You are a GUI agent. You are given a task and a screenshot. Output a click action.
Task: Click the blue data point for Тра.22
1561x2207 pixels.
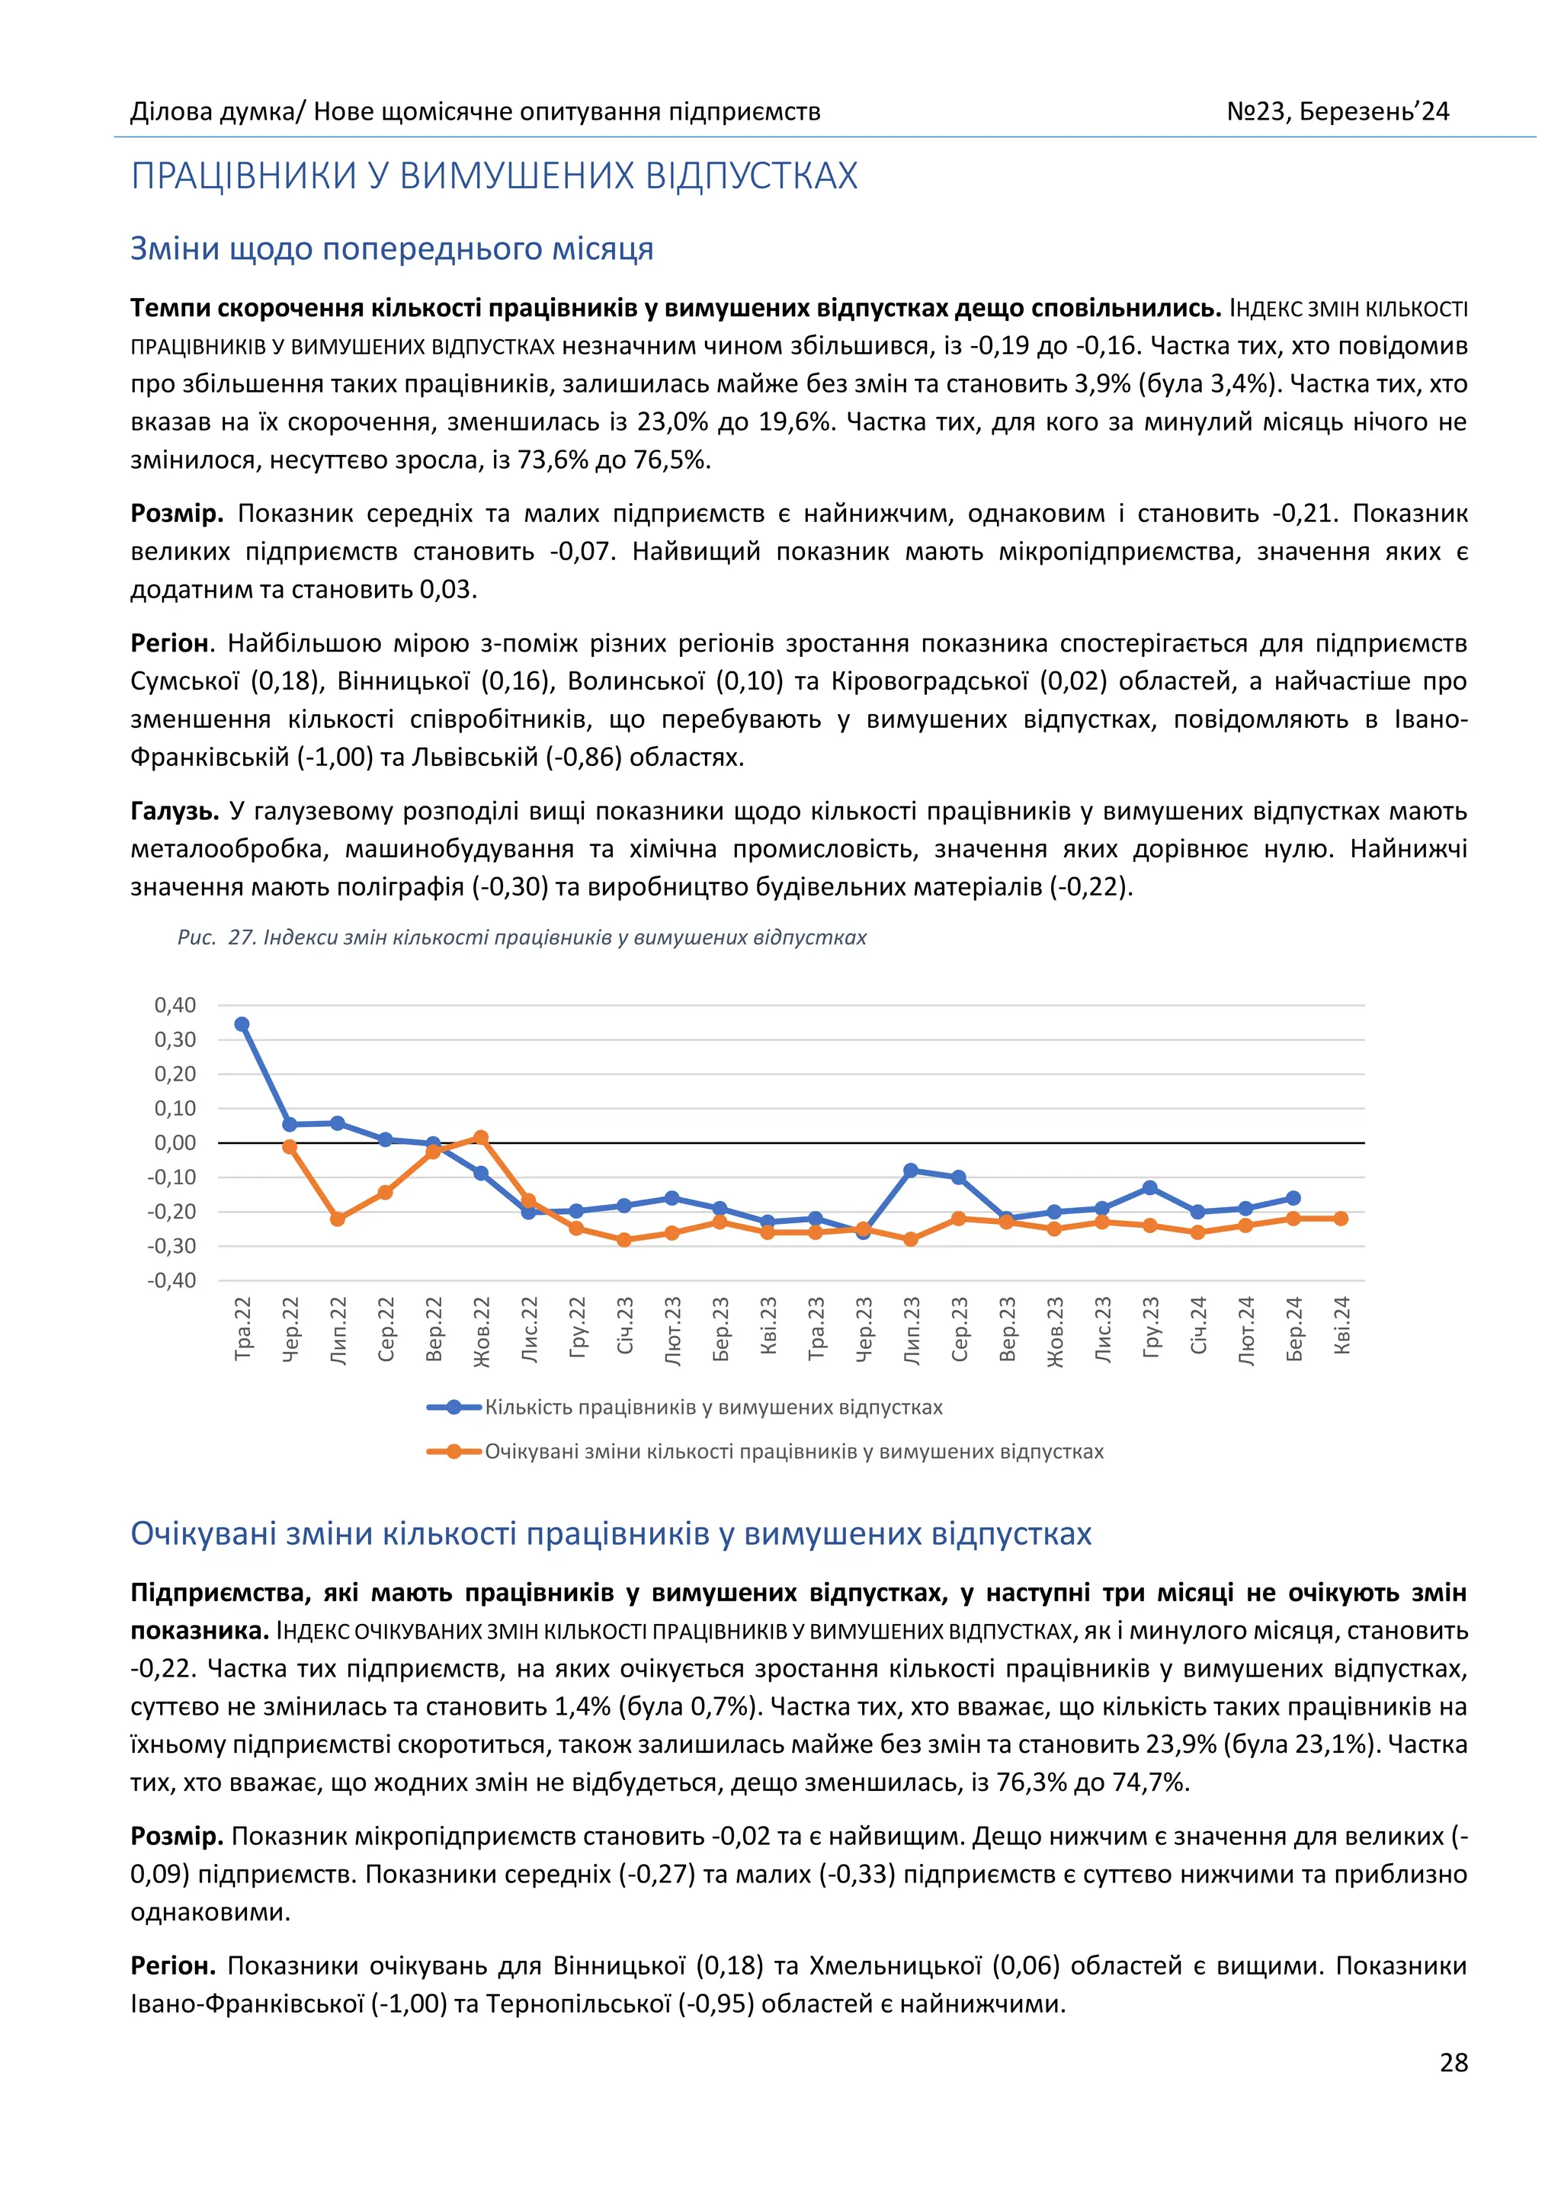[242, 1025]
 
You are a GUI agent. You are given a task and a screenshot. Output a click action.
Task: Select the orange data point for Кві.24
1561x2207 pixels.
[1341, 1219]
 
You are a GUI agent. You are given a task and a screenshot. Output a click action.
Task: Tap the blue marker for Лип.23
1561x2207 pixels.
[910, 1171]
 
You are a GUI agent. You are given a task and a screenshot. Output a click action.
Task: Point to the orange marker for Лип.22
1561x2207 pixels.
[338, 1219]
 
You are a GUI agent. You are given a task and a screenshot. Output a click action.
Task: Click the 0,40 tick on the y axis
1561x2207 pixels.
[175, 1005]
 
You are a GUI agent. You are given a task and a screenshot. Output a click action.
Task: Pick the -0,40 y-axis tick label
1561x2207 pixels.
[172, 1280]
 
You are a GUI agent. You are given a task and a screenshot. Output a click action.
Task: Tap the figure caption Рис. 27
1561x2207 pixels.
[522, 937]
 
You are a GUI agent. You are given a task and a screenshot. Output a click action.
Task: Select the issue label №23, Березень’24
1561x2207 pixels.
[1337, 111]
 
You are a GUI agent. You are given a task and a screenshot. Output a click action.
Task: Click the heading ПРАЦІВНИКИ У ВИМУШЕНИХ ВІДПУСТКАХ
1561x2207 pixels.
[494, 177]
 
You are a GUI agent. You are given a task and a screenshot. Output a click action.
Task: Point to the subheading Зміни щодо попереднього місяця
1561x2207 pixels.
[393, 249]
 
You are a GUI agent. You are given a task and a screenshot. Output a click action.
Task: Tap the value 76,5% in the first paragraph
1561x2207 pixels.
[670, 460]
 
